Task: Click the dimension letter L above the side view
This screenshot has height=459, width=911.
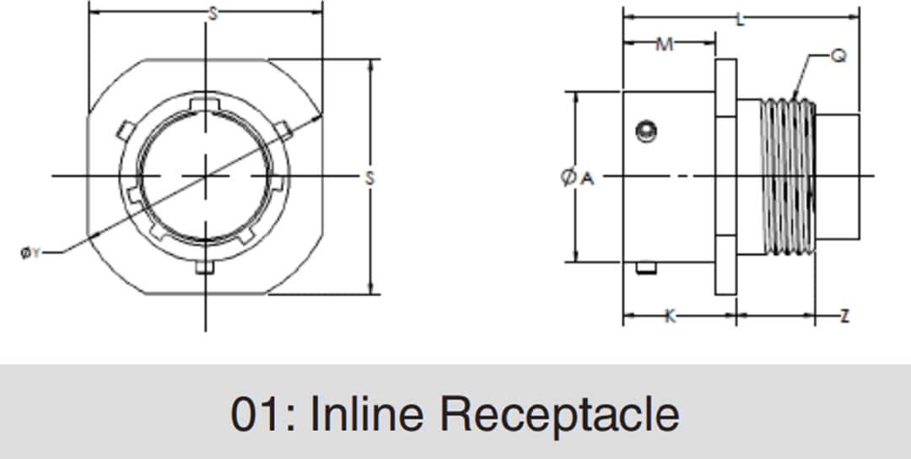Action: (741, 19)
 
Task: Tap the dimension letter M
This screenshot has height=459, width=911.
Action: (666, 45)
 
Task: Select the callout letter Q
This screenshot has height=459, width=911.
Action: (839, 57)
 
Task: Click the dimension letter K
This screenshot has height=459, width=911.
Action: (671, 316)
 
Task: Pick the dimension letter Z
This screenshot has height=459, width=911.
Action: (844, 316)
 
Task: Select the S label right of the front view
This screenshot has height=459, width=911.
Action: (369, 177)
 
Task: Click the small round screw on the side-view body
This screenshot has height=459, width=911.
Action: (647, 131)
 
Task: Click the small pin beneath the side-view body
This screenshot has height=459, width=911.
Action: (646, 268)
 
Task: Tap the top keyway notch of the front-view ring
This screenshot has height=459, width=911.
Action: (205, 103)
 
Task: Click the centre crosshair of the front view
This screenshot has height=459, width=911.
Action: (205, 175)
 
